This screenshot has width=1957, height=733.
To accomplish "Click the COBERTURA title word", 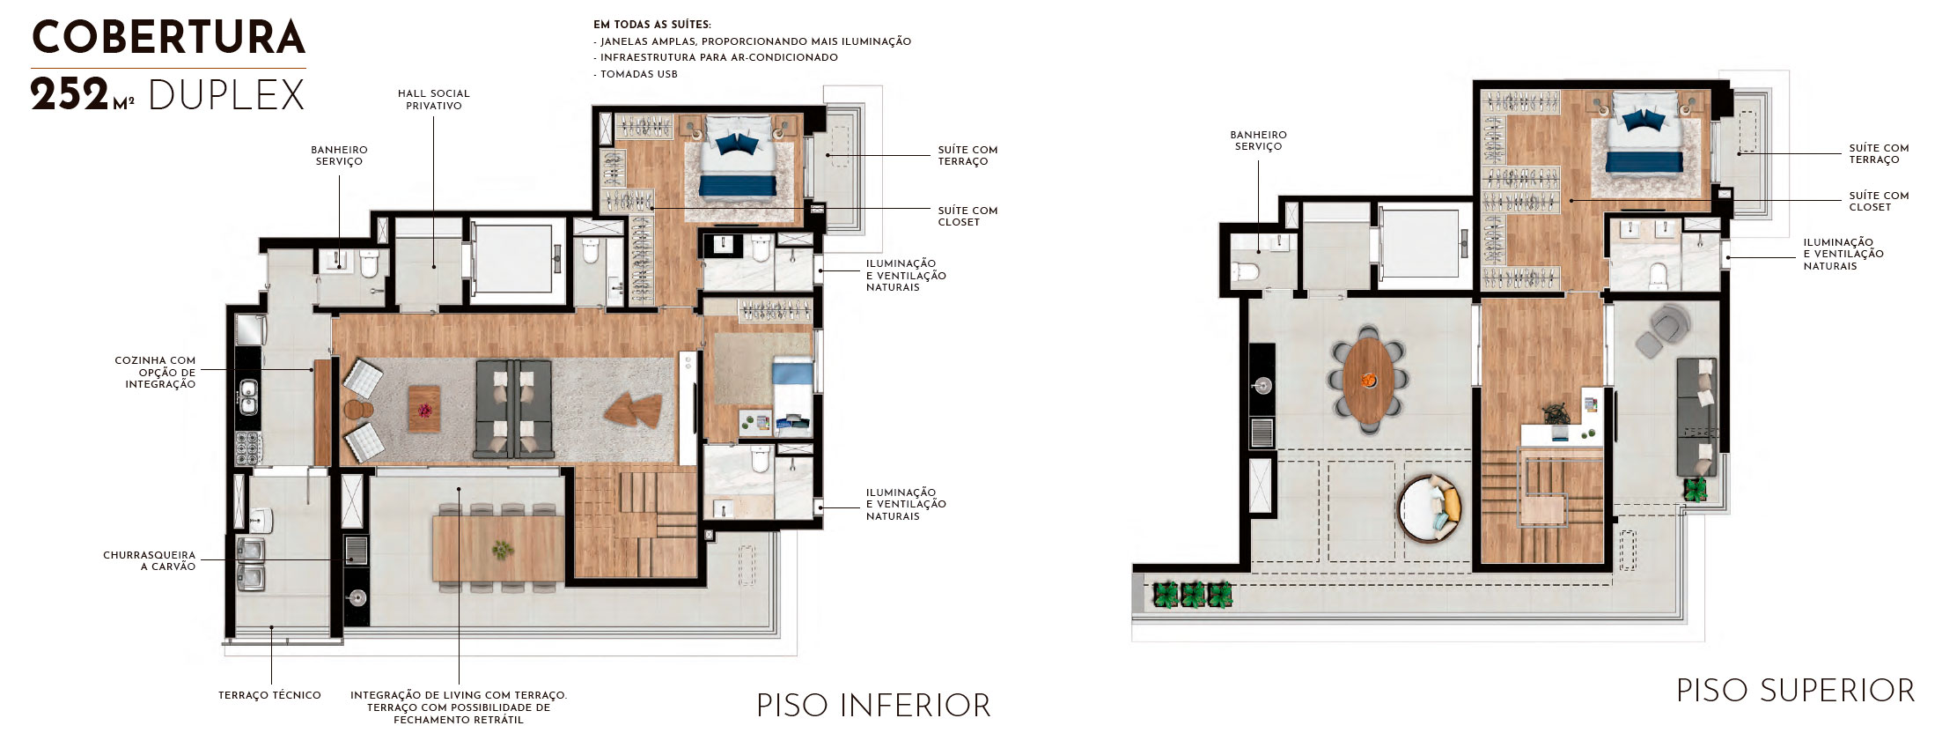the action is point(168,38).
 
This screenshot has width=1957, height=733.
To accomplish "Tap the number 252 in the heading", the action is point(70,95).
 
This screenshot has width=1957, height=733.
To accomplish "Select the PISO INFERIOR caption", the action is point(873,706).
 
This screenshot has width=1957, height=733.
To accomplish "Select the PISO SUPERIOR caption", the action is point(1796,691).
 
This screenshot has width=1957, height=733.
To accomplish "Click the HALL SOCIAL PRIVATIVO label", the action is point(434,100).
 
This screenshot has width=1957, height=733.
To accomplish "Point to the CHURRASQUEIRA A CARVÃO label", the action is point(150,561).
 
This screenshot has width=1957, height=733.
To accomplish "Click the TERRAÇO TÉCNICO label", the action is point(269,696).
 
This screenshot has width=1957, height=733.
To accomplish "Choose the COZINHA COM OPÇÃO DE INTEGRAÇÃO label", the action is point(156,373).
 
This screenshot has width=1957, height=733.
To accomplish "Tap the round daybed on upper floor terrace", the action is point(1429,509).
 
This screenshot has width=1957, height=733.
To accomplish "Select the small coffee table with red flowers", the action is point(423,409).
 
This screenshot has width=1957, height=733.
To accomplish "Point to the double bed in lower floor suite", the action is point(738,164).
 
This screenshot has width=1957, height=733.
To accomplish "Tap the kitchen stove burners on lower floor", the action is point(248,448).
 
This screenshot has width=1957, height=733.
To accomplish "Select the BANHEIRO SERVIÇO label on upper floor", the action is point(1258,141).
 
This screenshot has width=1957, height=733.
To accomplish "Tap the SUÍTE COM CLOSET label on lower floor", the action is point(967,217).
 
